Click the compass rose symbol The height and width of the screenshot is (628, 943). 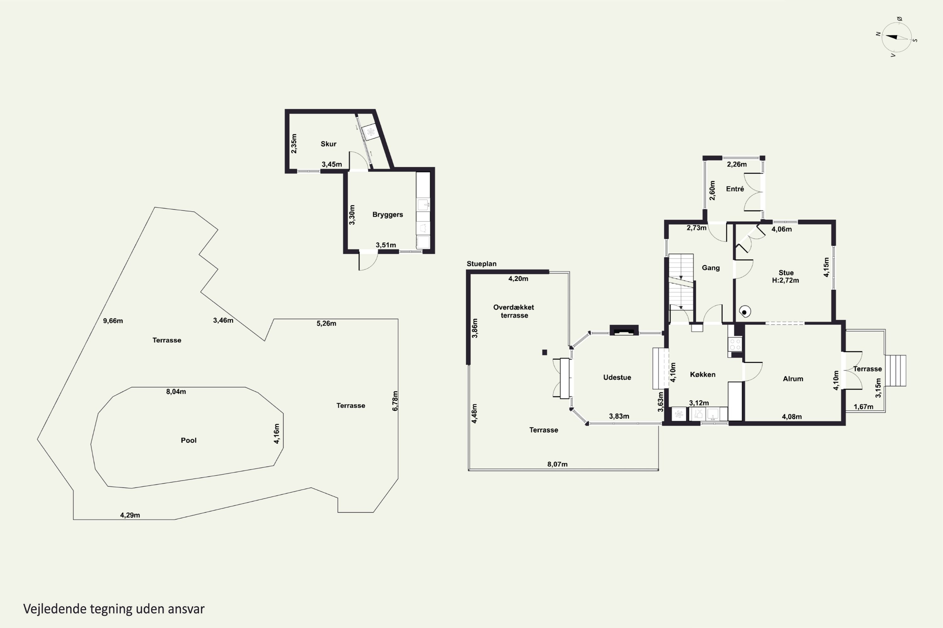coord(896,37)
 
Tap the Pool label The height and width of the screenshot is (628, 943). coord(188,441)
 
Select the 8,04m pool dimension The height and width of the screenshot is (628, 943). coord(176,392)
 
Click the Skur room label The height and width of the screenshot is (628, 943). coord(328,144)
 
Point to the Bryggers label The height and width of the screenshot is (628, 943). coord(388,215)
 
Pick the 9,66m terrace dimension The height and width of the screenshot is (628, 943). coord(113,321)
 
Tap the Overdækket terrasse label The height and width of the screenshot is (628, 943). coord(514,311)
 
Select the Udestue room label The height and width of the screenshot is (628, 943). coord(617,377)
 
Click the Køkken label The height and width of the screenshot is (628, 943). coord(703,375)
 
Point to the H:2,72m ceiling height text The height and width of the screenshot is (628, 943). coord(786,280)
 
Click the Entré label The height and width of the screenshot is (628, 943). coord(735,189)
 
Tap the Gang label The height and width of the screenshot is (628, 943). coord(710,268)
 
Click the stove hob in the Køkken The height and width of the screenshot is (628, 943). coord(735,344)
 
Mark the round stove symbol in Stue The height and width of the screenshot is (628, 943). coord(745,311)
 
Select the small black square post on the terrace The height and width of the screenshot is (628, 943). coord(544,352)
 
